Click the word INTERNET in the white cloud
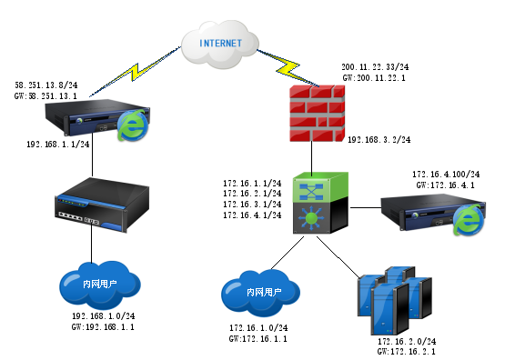pos(220,43)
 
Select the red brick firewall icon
pos(317,113)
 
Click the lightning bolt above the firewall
pos(287,66)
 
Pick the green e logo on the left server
pos(133,126)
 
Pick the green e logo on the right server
pos(467,219)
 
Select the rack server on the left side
pos(91,119)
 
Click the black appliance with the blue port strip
pos(100,204)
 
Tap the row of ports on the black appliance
pos(78,219)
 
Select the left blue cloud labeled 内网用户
pos(100,284)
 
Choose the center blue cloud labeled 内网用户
pos(263,292)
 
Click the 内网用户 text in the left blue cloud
pos(100,285)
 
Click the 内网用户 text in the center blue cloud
pos(264,293)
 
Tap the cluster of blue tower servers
pos(394,300)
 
